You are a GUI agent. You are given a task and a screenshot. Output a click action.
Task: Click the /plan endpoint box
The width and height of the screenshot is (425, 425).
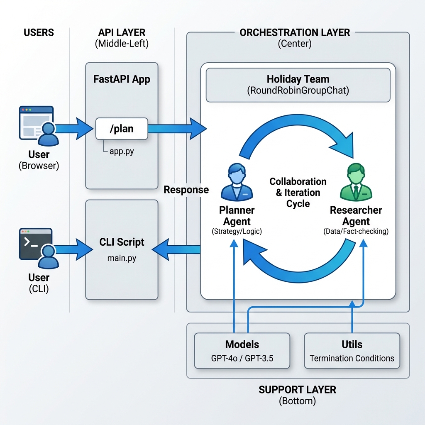(121, 129)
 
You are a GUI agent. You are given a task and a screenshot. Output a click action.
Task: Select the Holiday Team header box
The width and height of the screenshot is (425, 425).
(298, 85)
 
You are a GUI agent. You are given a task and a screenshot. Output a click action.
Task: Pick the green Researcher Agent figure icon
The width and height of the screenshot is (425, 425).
(356, 182)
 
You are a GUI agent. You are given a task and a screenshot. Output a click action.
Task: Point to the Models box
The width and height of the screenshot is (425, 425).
(242, 351)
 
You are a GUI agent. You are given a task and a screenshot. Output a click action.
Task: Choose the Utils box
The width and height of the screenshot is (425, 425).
(352, 351)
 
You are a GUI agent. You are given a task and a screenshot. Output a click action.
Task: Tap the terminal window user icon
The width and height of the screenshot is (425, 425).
(37, 248)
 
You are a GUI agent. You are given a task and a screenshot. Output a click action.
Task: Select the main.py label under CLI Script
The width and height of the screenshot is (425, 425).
(122, 258)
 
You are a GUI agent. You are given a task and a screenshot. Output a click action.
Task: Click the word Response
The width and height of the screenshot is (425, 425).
(186, 190)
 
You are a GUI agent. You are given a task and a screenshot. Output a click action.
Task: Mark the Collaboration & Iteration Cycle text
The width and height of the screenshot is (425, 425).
(298, 193)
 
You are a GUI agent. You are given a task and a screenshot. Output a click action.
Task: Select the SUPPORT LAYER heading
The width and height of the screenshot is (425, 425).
(297, 390)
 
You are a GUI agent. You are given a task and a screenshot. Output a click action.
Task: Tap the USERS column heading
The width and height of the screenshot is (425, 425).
(39, 32)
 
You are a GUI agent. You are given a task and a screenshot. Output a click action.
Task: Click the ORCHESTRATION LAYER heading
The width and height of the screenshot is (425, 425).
(295, 32)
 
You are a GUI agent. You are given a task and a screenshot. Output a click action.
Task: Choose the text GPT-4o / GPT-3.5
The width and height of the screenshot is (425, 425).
(242, 358)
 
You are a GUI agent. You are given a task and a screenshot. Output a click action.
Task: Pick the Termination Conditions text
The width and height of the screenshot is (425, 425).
(352, 358)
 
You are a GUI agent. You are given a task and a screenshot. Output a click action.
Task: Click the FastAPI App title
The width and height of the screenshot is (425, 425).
(122, 79)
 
